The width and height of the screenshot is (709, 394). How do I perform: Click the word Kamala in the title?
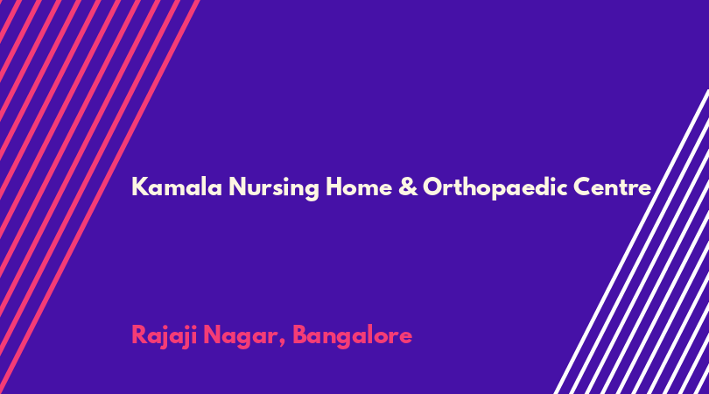click(177, 186)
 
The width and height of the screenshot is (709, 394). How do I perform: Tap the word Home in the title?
click(359, 186)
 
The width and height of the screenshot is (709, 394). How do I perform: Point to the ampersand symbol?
click(408, 186)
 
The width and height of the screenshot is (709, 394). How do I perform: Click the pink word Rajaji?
click(165, 336)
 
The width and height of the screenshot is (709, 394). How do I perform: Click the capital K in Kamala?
click(140, 186)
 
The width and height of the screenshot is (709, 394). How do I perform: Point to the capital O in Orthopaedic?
click(433, 186)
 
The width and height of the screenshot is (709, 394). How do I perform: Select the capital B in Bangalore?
click(301, 334)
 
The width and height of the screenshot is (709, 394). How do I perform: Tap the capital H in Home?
click(334, 186)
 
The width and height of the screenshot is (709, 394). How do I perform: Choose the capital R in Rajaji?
click(139, 334)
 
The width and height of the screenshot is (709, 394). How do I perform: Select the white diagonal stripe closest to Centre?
click(631, 242)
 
